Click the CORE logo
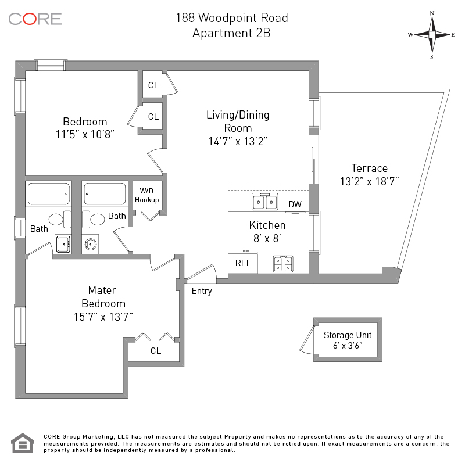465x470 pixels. click(x=35, y=19)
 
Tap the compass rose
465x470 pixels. click(x=431, y=34)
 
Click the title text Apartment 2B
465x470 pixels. click(x=231, y=33)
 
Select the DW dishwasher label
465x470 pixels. click(x=295, y=204)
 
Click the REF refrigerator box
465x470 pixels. click(x=243, y=263)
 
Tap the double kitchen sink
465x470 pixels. click(x=264, y=202)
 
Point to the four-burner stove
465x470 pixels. click(x=283, y=264)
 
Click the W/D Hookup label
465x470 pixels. click(x=147, y=196)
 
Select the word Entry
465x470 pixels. click(x=202, y=291)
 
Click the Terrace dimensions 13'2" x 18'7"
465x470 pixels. click(x=369, y=181)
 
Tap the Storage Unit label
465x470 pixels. click(x=348, y=335)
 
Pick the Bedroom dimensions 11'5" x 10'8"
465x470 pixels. click(x=85, y=134)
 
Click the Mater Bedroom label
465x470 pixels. click(x=103, y=296)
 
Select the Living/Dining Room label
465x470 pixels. click(x=238, y=121)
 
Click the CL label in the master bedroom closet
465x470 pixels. click(x=155, y=351)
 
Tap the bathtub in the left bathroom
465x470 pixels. click(x=48, y=193)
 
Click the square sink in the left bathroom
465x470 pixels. click(x=62, y=242)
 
